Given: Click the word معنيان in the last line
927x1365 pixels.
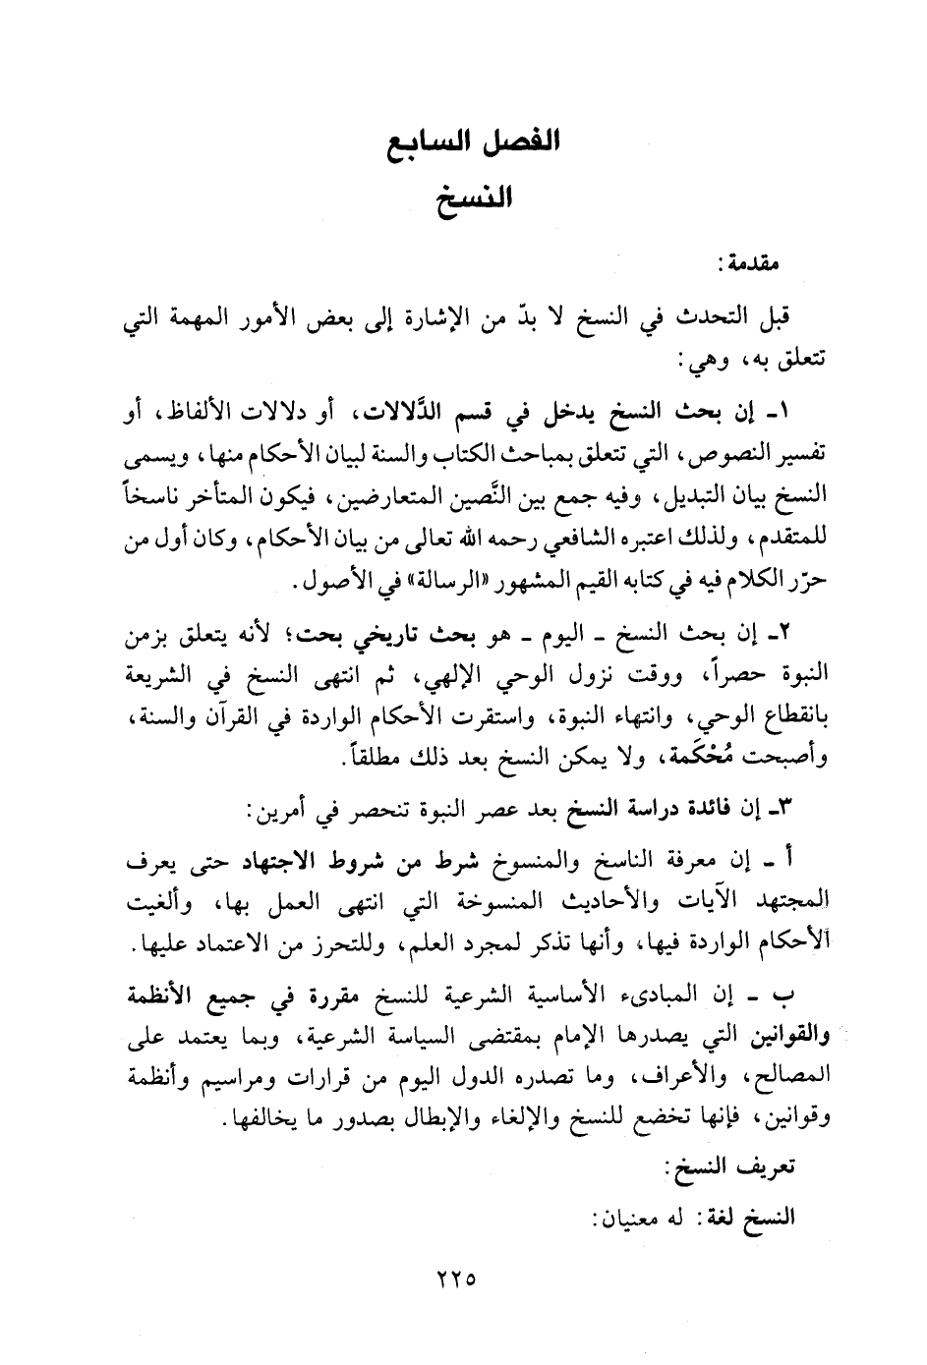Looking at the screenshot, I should pos(633,1217).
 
